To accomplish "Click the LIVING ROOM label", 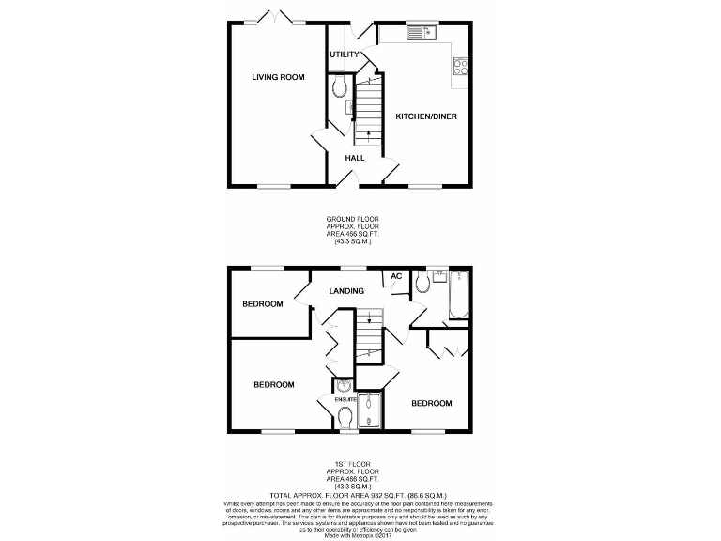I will click(x=278, y=77).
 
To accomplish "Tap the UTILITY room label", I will click(x=344, y=54).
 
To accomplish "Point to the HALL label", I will click(x=354, y=158).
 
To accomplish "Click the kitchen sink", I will click(x=423, y=34).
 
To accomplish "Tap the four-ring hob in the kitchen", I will click(x=461, y=66).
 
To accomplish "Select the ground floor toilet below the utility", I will click(x=340, y=86).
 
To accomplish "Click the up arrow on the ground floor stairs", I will click(x=367, y=133).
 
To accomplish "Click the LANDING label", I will click(x=346, y=291).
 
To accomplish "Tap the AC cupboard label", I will click(x=395, y=276).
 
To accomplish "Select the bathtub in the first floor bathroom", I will click(x=459, y=294).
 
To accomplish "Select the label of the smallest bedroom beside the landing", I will click(x=262, y=304).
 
